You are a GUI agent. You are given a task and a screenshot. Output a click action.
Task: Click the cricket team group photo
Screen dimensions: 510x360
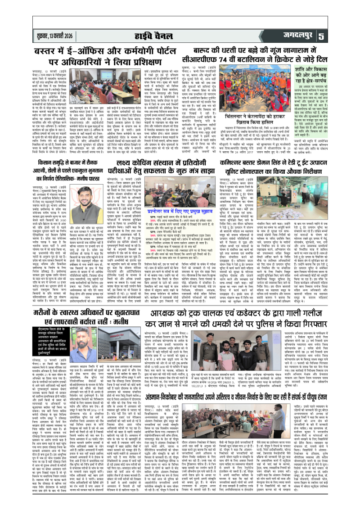243,88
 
